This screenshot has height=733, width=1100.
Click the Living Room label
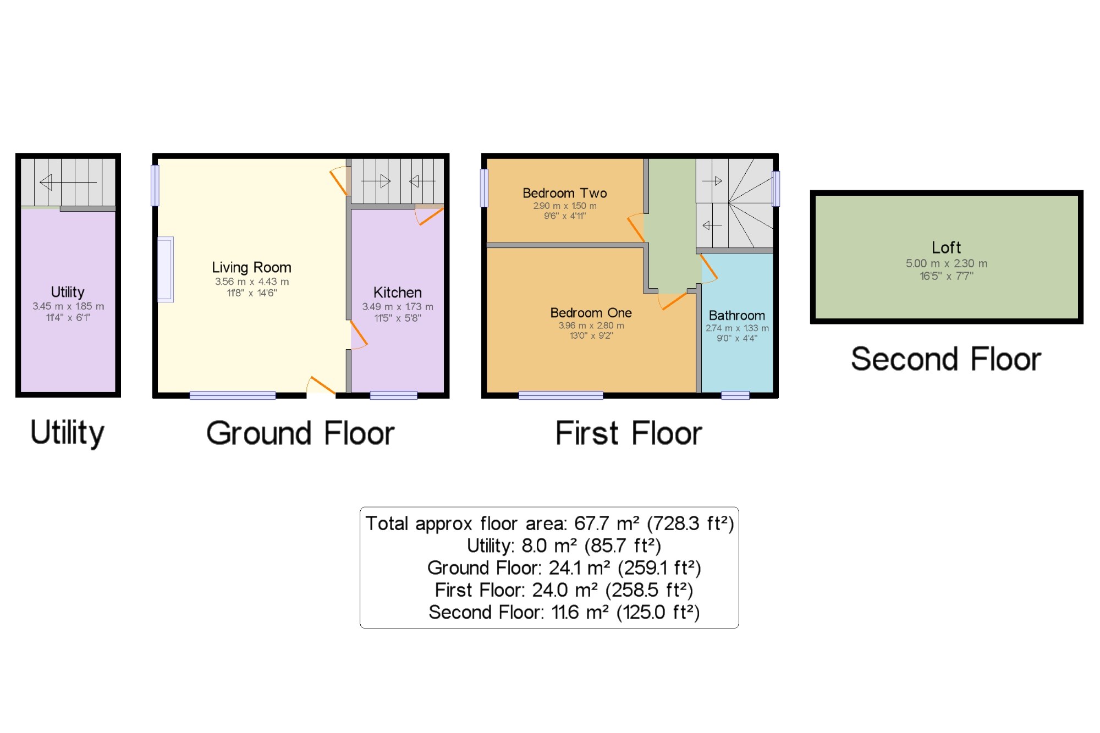251,268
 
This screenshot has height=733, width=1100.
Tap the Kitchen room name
397,293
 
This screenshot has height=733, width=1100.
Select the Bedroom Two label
564,193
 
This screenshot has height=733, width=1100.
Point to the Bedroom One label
591,313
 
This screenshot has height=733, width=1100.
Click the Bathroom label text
736,316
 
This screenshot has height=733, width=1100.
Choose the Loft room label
946,247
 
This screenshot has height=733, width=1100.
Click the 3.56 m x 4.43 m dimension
251,282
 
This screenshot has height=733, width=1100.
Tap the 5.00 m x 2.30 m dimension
946,263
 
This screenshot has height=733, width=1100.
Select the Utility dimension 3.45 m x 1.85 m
68,306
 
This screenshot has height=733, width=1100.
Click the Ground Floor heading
300,433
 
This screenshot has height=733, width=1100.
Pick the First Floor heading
629,433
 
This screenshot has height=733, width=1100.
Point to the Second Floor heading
946,359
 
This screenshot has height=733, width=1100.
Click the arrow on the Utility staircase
68,182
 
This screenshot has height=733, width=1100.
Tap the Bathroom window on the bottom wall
735,395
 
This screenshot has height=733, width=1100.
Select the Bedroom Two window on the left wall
484,188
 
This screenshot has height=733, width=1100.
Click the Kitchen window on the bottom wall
393,395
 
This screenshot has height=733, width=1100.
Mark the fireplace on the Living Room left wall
165,269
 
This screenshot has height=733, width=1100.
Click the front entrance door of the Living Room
322,385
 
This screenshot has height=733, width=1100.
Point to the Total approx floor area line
549,523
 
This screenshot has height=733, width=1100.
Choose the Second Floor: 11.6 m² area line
564,612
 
